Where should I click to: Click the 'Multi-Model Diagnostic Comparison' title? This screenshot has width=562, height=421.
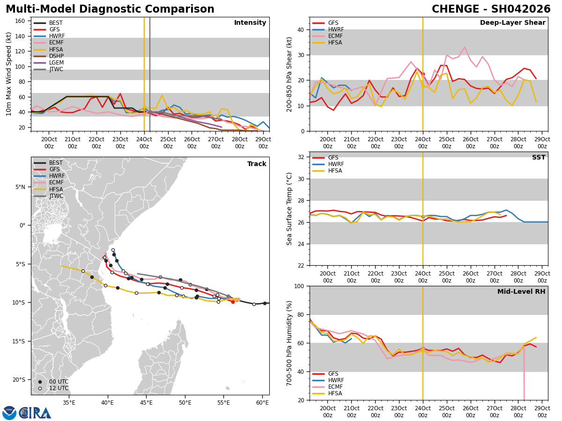110,9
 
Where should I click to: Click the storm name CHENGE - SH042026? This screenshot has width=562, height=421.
491,9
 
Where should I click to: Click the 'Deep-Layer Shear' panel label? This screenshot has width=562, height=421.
512,23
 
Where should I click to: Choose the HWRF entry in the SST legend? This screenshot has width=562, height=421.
336,164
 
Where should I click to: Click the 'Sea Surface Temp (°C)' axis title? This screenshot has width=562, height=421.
290,209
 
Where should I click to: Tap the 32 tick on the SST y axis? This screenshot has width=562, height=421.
301,157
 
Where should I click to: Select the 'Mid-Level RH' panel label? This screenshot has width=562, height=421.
521,292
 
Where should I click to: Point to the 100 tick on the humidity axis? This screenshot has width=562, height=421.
299,286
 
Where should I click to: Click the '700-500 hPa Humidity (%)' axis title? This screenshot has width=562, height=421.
290,343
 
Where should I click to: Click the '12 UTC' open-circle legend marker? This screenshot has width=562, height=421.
40,388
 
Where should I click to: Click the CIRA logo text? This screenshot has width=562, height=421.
35,413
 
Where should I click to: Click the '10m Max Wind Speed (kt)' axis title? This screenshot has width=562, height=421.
9,74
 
